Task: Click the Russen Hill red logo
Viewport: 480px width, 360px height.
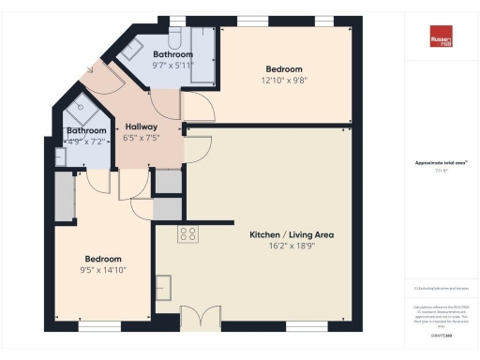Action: tap(441, 41)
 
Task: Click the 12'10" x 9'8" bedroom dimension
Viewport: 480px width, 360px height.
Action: tap(283, 81)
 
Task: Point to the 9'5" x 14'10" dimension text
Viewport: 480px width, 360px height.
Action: tap(103, 270)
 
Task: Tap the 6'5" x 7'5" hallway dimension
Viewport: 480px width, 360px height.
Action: tap(142, 138)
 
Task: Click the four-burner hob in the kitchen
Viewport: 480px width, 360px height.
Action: tap(187, 234)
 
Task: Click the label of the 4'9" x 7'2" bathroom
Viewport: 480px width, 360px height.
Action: tap(86, 130)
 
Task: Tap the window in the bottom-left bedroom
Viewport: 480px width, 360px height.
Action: tap(98, 326)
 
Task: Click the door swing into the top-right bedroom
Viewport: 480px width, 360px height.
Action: tap(200, 109)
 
